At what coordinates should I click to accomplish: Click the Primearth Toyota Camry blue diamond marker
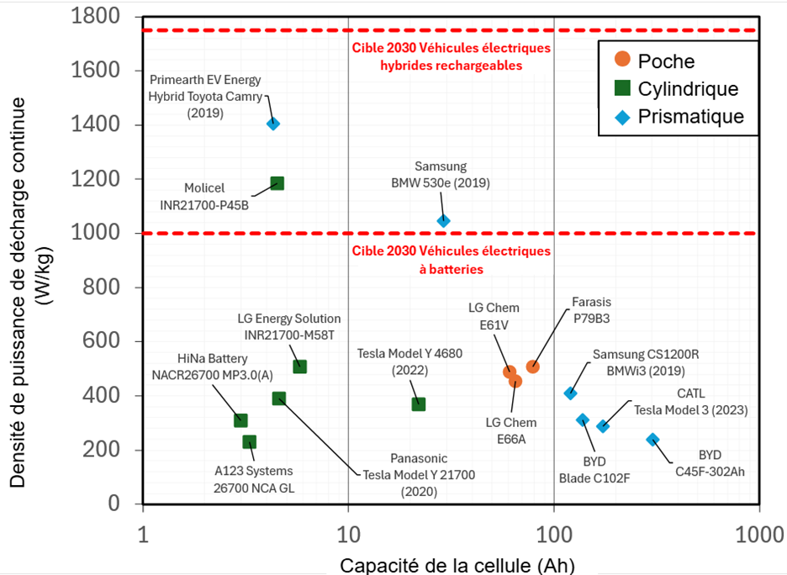click(x=272, y=124)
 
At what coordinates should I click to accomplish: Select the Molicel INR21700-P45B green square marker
click(x=277, y=183)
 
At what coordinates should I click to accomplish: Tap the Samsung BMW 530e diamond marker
click(x=444, y=221)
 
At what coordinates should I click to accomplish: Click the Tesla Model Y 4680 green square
click(x=418, y=404)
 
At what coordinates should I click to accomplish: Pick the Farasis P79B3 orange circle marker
click(x=532, y=367)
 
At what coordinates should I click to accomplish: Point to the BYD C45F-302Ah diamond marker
click(x=652, y=440)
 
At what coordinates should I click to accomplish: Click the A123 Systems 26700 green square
click(x=249, y=442)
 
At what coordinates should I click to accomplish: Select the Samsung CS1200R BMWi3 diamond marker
click(x=571, y=393)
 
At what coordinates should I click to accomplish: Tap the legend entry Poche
click(x=666, y=60)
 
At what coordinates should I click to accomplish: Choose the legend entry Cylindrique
click(x=688, y=89)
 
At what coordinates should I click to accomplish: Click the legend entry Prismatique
click(x=690, y=117)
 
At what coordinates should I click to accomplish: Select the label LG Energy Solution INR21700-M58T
click(x=288, y=326)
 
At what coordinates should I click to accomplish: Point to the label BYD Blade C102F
click(x=594, y=470)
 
